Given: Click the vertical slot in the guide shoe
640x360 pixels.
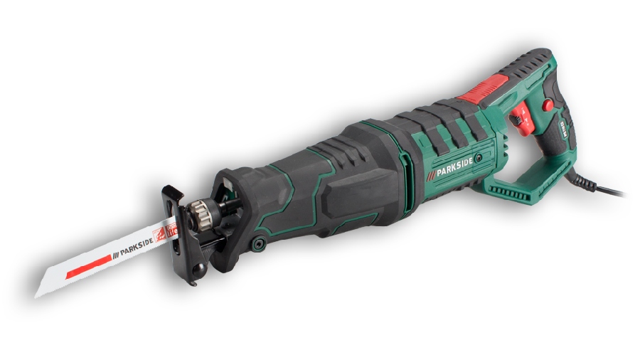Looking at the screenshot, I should [x=170, y=207].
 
